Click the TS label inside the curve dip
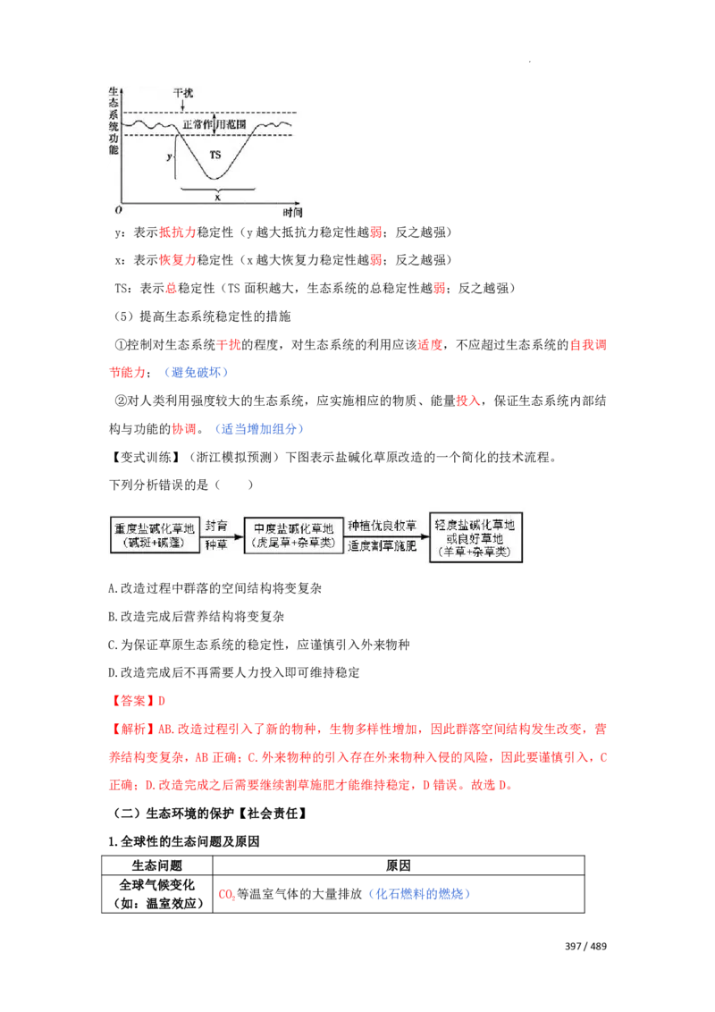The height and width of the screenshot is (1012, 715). [x=214, y=155]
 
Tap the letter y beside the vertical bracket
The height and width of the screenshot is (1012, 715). [x=168, y=156]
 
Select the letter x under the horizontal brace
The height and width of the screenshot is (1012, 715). [x=217, y=197]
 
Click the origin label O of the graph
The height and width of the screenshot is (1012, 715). [x=114, y=212]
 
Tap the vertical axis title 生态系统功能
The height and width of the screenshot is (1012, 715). [x=113, y=121]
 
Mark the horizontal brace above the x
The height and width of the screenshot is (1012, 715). [x=217, y=189]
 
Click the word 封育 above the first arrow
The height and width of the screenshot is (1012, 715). [x=216, y=527]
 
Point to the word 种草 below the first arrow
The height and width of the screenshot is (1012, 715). [x=216, y=544]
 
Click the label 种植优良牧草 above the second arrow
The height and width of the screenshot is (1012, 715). [x=382, y=527]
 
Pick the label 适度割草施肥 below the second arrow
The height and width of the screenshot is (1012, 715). [x=382, y=545]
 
